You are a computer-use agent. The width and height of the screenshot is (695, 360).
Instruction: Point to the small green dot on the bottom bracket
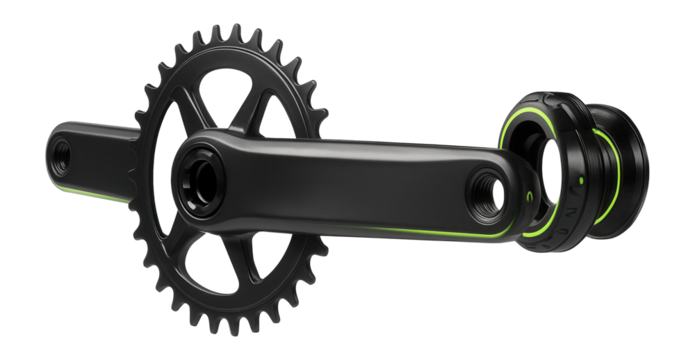pyautogui.click(x=580, y=182)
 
